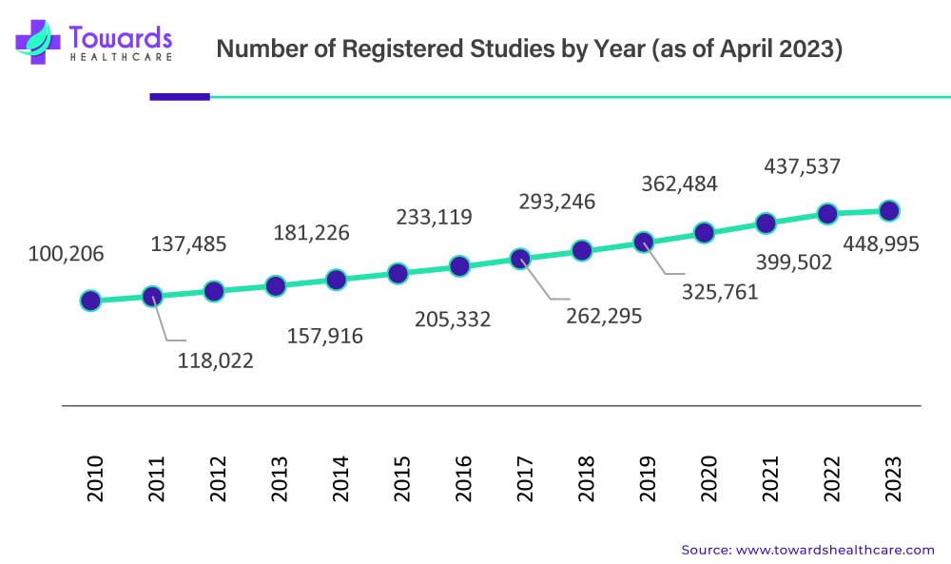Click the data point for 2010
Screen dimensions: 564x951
[x=90, y=301]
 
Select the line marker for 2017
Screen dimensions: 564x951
[x=520, y=258]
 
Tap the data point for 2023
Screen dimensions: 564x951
[x=889, y=210]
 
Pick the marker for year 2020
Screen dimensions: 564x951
[x=704, y=232]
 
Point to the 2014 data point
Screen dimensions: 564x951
[x=336, y=280]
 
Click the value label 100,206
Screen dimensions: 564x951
[x=66, y=254]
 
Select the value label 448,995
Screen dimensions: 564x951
[x=882, y=244]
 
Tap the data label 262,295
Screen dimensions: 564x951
[x=604, y=316]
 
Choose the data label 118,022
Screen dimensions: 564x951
[x=216, y=360]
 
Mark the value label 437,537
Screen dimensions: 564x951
[x=803, y=167]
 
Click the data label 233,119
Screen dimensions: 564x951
[x=434, y=217]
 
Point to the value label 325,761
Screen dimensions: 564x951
[x=720, y=291]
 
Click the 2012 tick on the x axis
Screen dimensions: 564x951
[x=219, y=479]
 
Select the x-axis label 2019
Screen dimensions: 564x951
[x=648, y=479]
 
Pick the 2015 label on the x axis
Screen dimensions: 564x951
[x=402, y=479]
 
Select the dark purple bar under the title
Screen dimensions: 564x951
[x=180, y=96]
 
